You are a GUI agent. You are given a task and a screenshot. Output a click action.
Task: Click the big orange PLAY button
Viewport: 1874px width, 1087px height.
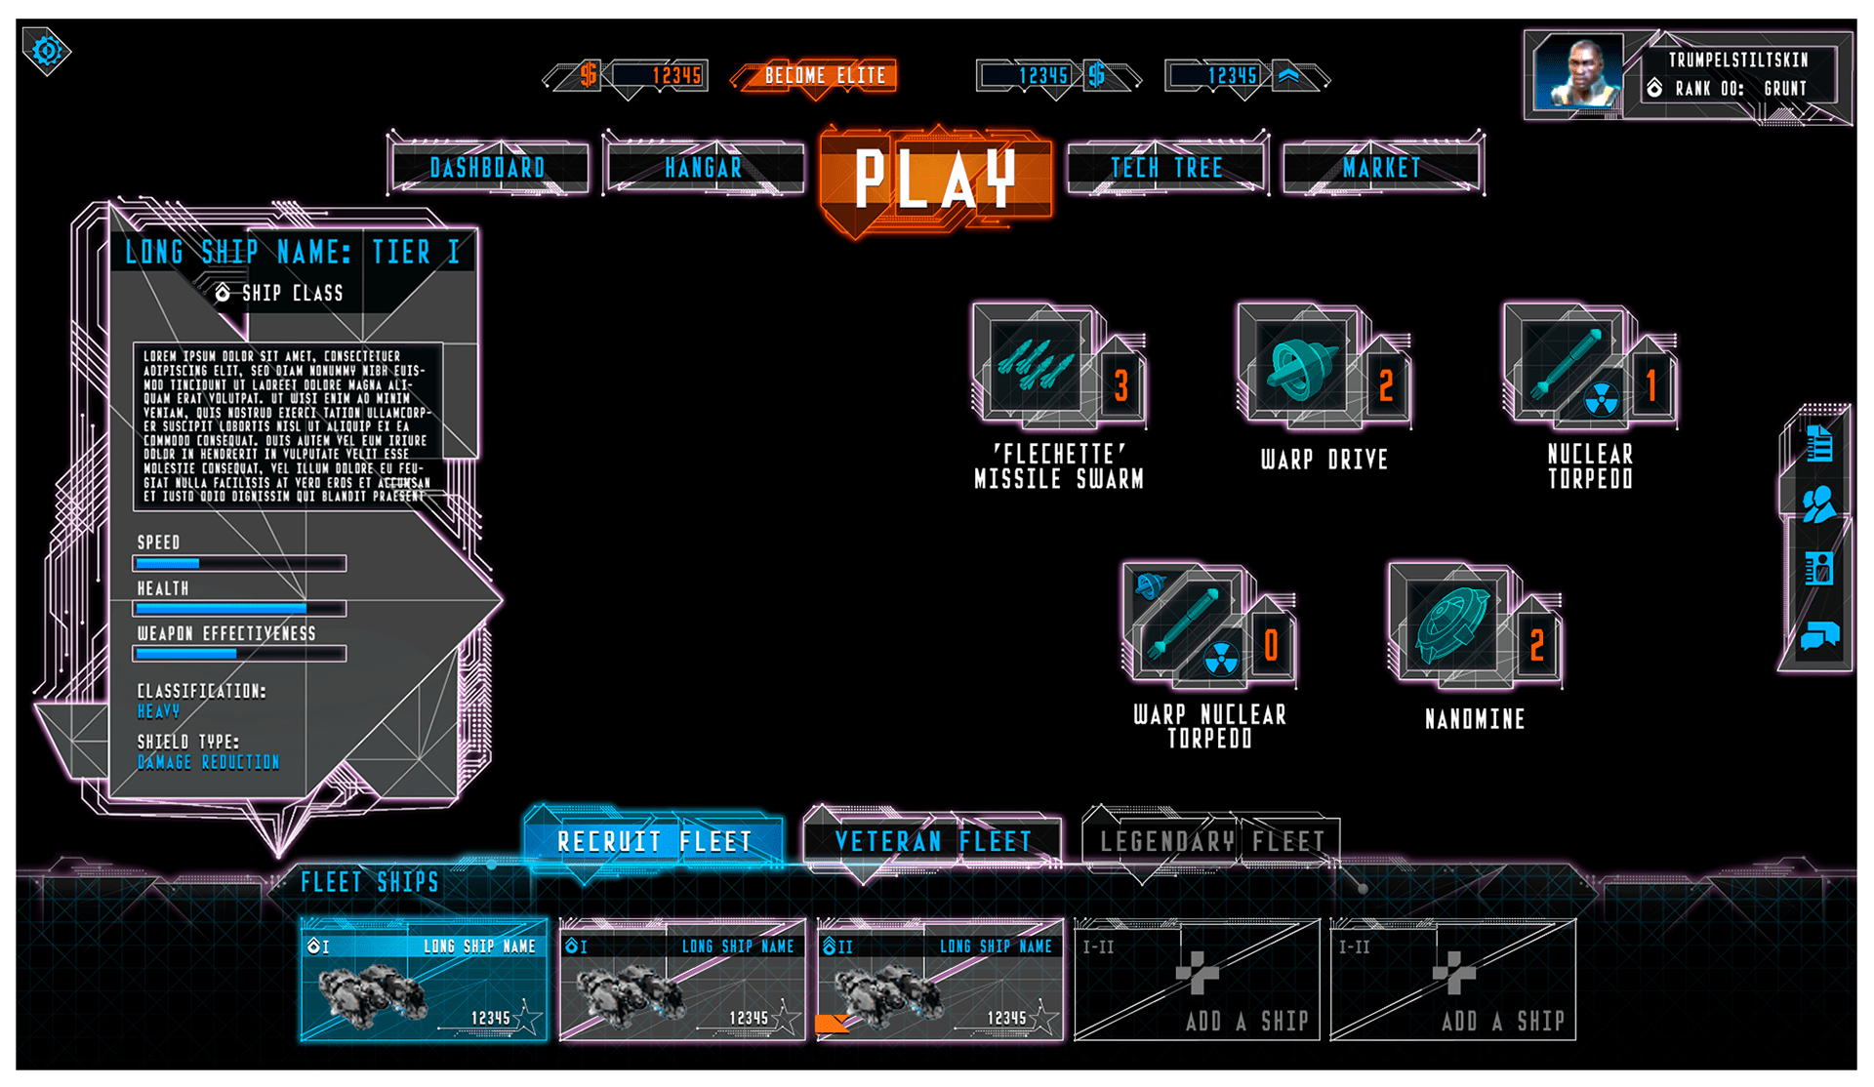935,179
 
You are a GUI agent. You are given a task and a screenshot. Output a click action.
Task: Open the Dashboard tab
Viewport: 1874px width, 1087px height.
488,168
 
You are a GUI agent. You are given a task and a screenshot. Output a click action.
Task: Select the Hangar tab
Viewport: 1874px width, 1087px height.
703,168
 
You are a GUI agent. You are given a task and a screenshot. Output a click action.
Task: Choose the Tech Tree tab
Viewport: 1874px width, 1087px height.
1166,168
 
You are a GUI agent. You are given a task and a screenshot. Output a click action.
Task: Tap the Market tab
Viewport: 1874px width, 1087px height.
1382,168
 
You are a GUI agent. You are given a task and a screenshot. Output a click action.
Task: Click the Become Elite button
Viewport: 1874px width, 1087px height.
824,76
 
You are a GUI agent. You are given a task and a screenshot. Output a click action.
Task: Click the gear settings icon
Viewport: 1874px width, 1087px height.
47,51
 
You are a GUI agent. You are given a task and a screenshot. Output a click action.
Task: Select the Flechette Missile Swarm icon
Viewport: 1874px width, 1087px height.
1035,366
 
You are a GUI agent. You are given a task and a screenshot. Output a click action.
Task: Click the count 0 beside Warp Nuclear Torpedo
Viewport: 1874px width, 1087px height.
1271,645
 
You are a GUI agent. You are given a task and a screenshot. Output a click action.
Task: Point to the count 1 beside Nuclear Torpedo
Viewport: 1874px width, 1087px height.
1651,386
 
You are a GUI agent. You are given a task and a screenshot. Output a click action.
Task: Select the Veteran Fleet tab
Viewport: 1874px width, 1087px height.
932,841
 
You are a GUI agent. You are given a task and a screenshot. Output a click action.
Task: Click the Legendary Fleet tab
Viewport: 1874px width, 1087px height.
1211,841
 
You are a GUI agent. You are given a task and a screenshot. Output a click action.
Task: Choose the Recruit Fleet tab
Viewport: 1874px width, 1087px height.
654,841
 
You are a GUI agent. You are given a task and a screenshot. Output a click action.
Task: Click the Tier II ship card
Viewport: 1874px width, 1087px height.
939,980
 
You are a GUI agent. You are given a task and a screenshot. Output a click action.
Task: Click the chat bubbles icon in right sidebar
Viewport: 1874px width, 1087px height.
1819,636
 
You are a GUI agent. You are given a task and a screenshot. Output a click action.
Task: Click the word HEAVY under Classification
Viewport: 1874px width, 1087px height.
158,711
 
